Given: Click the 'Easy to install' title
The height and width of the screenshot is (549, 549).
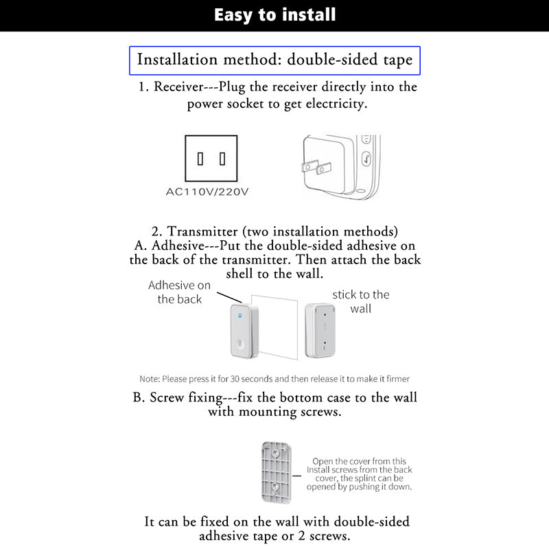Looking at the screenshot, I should point(274,14).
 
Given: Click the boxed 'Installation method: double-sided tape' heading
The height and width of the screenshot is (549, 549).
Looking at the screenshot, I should point(274,60).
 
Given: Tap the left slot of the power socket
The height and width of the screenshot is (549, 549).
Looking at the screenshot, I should point(200,159).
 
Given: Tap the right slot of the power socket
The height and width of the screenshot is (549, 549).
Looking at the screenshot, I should point(222,159).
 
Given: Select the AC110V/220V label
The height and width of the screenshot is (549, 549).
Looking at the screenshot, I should point(207,191).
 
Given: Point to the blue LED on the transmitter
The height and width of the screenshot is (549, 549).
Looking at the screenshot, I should point(240,316).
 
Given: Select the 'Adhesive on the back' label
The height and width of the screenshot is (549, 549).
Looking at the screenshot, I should point(180,292).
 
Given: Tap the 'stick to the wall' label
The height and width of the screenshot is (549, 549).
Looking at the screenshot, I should point(360,301).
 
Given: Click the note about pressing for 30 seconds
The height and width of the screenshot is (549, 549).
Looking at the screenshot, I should point(274,379).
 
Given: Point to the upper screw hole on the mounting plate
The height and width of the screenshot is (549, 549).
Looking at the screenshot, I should point(276,451).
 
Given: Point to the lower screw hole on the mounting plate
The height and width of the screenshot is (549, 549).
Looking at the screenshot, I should point(276,487).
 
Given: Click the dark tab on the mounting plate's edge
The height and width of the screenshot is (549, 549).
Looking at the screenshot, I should point(296,473).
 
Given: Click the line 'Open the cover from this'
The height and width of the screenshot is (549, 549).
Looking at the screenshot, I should point(359,461).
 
